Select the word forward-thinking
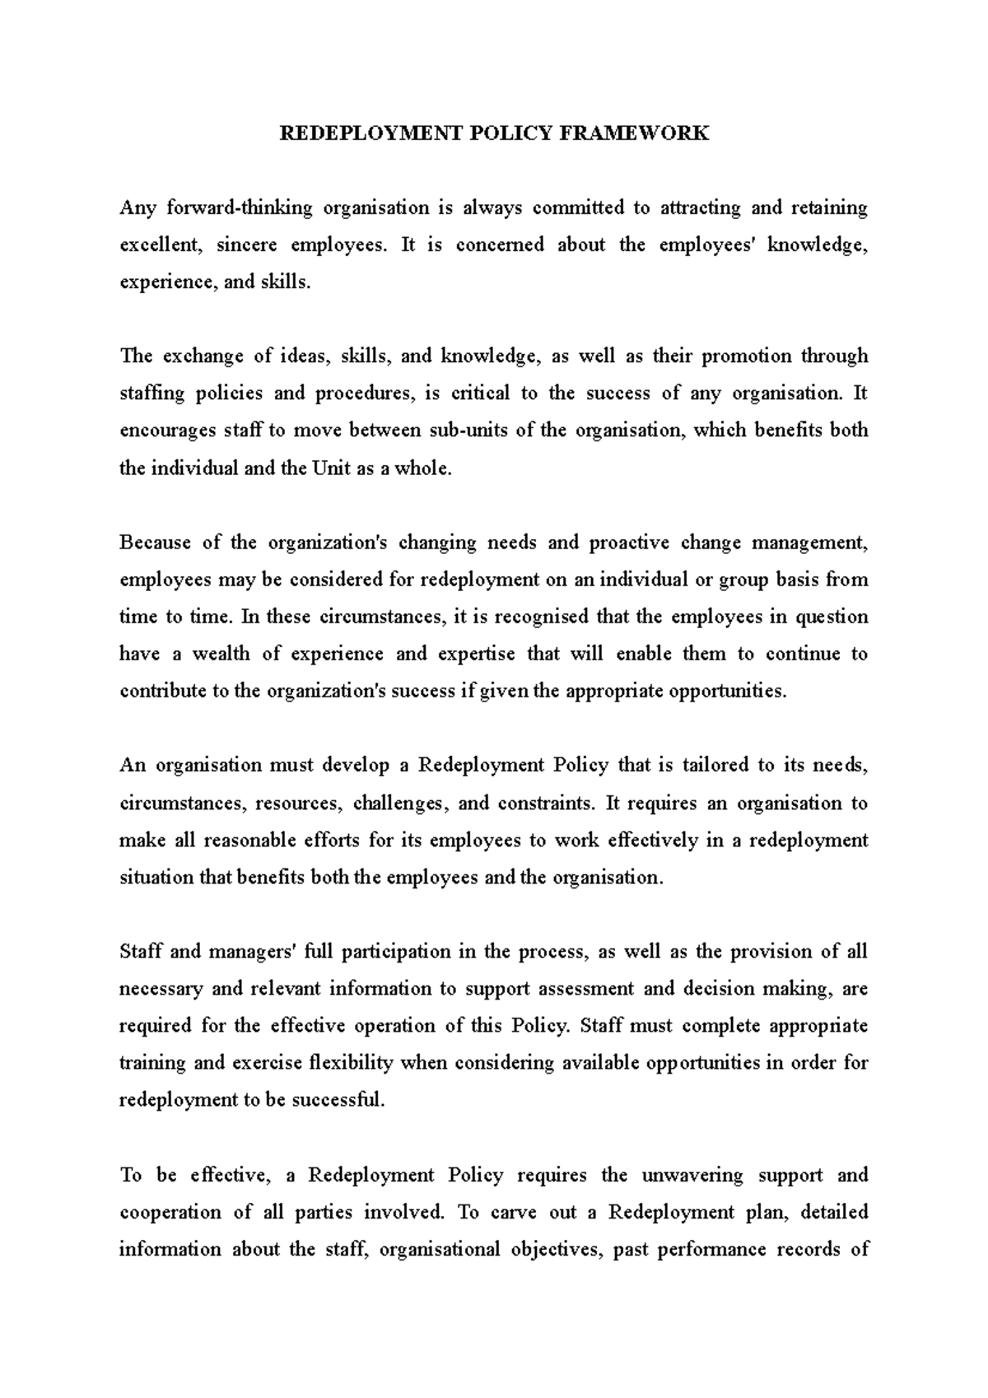[240, 207]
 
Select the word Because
[154, 543]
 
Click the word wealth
[221, 654]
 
